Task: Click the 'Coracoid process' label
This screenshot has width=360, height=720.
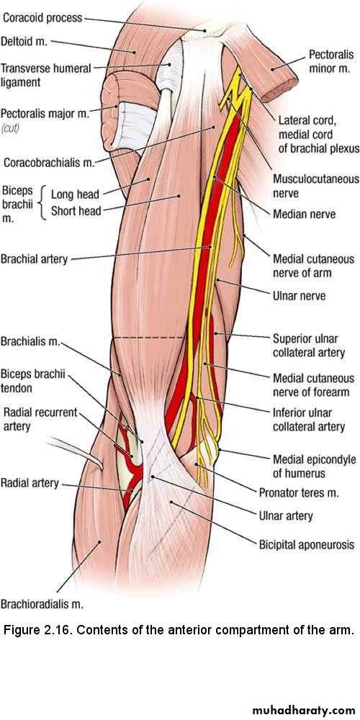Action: pyautogui.click(x=42, y=19)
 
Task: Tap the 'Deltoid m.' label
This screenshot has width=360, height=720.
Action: pyautogui.click(x=24, y=42)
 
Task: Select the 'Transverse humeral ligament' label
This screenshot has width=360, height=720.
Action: pyautogui.click(x=46, y=76)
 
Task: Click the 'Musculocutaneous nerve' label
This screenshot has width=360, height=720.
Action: pyautogui.click(x=316, y=186)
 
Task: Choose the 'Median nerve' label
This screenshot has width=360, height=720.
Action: pyautogui.click(x=304, y=214)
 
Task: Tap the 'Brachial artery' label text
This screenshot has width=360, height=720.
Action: pyautogui.click(x=34, y=259)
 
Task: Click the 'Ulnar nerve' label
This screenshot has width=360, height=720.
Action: pyautogui.click(x=299, y=296)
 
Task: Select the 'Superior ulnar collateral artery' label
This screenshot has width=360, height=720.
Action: pyautogui.click(x=308, y=346)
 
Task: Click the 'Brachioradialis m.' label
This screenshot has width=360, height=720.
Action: pyautogui.click(x=42, y=604)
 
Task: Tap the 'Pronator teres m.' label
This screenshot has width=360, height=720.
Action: pyautogui.click(x=299, y=493)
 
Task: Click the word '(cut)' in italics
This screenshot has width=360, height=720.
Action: pyautogui.click(x=9, y=129)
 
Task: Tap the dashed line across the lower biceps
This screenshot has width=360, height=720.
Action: pyautogui.click(x=149, y=338)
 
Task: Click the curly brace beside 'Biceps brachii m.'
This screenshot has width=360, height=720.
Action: pyautogui.click(x=44, y=202)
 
